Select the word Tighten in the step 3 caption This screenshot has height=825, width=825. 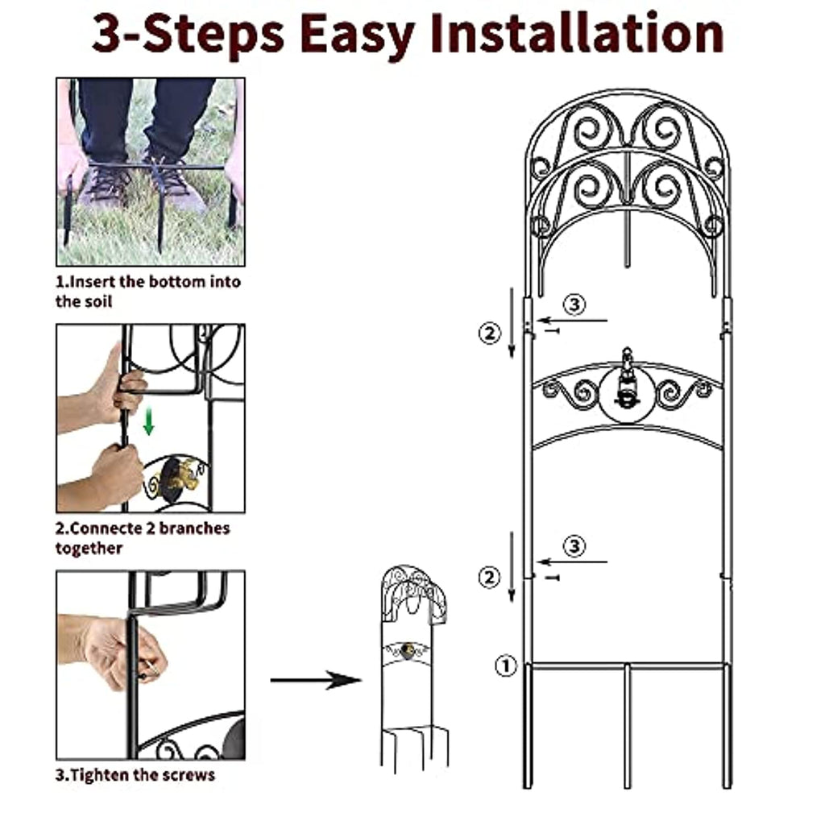tap(99, 775)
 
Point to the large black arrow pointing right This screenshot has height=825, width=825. tap(316, 680)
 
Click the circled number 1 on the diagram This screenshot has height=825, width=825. tap(506, 666)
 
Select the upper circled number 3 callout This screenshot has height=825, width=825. tap(574, 304)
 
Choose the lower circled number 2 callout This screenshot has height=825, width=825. tap(489, 577)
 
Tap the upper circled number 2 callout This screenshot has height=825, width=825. tap(489, 333)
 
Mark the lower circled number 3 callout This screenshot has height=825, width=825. tap(574, 545)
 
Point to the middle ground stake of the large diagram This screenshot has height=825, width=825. tap(627, 726)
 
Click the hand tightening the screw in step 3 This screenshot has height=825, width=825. tap(121, 653)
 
